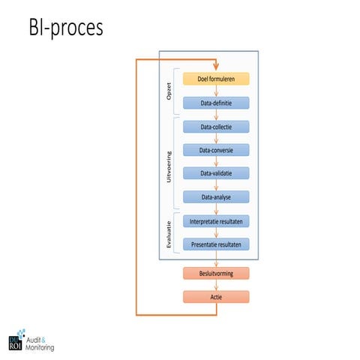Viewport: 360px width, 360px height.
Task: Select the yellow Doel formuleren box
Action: pos(216,79)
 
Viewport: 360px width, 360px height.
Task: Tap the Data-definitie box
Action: pos(216,103)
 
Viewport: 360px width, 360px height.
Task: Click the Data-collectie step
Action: pos(216,127)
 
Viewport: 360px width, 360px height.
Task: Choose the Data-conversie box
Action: pos(216,150)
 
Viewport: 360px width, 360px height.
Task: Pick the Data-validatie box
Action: pos(216,173)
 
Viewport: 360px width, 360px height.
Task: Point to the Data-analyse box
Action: pos(216,196)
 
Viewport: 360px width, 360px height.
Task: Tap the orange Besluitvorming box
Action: pos(216,273)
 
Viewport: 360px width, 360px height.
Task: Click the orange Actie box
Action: pos(216,297)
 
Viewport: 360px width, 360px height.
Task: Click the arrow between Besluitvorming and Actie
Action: pos(216,285)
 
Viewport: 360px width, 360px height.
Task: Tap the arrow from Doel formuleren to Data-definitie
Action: pos(216,91)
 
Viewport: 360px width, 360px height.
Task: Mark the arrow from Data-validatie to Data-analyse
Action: pos(216,185)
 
